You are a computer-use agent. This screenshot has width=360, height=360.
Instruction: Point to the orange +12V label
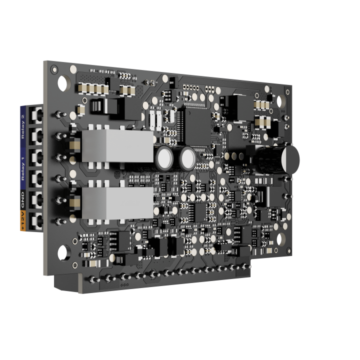point(23,220)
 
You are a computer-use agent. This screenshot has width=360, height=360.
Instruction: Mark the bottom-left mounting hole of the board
point(63,252)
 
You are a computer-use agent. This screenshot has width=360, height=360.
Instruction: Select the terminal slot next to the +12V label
point(36,219)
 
